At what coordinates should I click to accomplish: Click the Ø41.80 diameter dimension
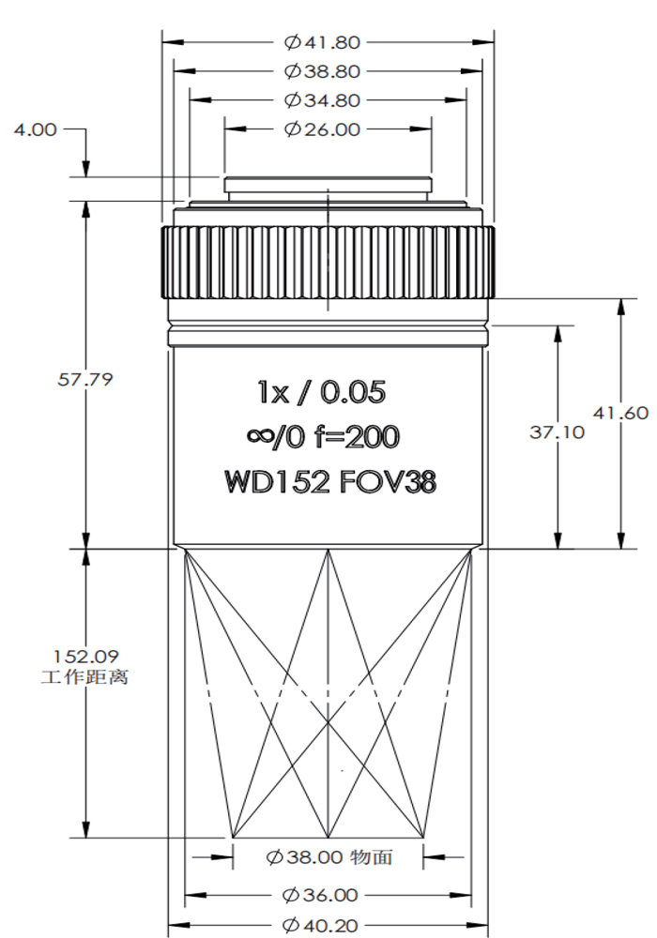click(322, 42)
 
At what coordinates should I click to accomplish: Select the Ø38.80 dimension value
click(322, 71)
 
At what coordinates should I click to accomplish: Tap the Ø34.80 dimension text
click(322, 100)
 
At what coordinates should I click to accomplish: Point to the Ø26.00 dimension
click(322, 129)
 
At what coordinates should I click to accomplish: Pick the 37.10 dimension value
click(530, 431)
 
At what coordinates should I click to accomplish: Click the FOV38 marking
click(388, 482)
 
